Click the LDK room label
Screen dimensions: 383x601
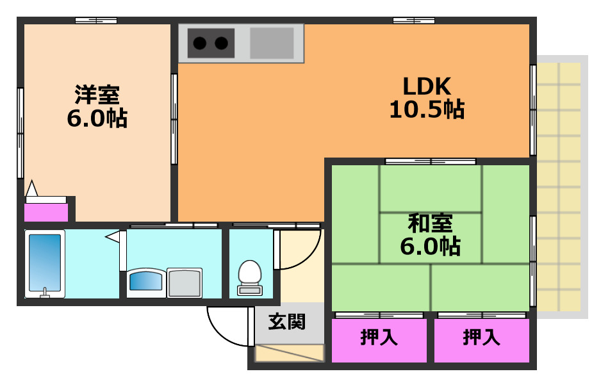(x=427, y=85)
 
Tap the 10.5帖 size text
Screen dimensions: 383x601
(x=427, y=110)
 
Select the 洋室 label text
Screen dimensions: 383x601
(x=97, y=95)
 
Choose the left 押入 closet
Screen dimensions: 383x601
(x=379, y=338)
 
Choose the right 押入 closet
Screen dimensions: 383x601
(x=482, y=338)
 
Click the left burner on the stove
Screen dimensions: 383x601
(x=200, y=44)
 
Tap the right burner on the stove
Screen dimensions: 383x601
(x=221, y=44)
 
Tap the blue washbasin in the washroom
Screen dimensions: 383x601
(x=146, y=282)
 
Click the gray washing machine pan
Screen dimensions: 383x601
(x=185, y=282)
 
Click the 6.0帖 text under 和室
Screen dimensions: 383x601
(x=431, y=246)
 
